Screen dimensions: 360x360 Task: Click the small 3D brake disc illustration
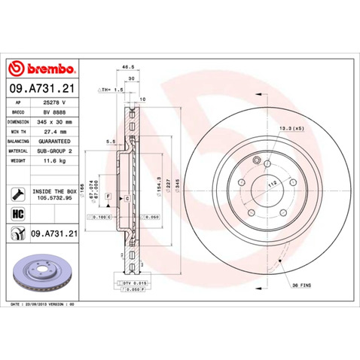42,273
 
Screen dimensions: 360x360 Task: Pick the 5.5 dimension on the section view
109,141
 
